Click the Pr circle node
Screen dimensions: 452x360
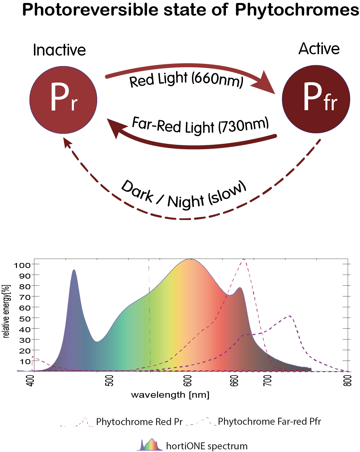(63, 100)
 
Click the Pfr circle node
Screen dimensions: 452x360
(316, 99)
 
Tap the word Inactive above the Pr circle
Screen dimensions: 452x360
(59, 50)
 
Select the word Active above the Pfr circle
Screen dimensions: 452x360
(319, 49)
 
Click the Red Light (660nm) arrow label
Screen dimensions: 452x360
(186, 80)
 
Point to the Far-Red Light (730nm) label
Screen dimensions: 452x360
(200, 126)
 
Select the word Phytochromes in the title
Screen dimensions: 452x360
(297, 10)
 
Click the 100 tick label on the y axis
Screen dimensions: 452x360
(22, 265)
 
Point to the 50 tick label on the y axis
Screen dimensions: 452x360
(25, 319)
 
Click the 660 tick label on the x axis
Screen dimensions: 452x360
(235, 380)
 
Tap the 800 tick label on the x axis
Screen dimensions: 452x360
(347, 380)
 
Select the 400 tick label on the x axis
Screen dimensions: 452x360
(30, 380)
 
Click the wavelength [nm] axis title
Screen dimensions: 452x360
(170, 395)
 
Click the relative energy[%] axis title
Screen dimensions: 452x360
(6, 311)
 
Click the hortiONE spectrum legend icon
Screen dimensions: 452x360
(149, 445)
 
